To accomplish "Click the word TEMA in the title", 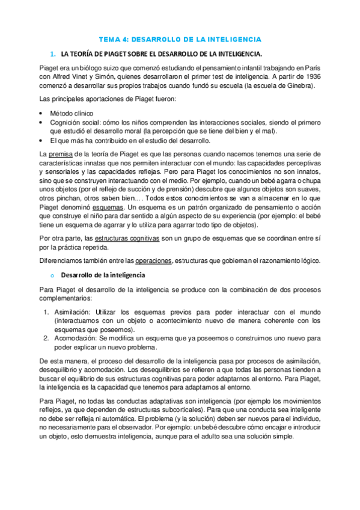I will tap(109, 39).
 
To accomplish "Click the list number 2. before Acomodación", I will tap(47, 338).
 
